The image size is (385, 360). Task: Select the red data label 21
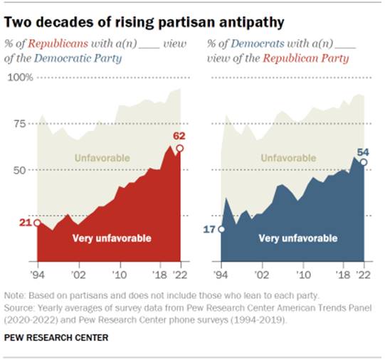pyautogui.click(x=22, y=223)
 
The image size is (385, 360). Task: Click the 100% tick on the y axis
pyautogui.click(x=22, y=77)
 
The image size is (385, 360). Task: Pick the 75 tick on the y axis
pyautogui.click(x=26, y=124)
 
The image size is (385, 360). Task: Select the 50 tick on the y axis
pyautogui.click(x=26, y=170)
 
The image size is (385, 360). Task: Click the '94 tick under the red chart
pyautogui.click(x=37, y=272)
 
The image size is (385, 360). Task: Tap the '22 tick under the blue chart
pyautogui.click(x=364, y=272)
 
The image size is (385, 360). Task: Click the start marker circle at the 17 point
pyautogui.click(x=221, y=230)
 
